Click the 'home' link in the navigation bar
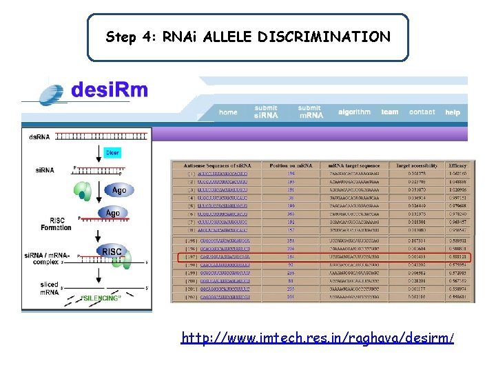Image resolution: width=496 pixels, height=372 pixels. (228, 112)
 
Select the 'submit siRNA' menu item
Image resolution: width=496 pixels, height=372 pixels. (266, 112)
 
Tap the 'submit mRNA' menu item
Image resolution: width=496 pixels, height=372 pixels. (310, 112)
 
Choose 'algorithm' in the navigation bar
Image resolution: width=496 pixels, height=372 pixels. (354, 112)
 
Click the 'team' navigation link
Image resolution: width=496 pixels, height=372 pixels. (390, 112)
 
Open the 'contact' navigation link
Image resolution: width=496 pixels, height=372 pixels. (422, 112)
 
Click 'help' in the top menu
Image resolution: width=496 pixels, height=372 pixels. (453, 112)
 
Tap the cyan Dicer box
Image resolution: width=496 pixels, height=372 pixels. (112, 152)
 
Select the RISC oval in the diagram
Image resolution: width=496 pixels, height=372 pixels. (112, 252)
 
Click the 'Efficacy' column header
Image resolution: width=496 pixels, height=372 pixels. (457, 165)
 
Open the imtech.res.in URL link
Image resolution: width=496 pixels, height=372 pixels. (318, 338)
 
